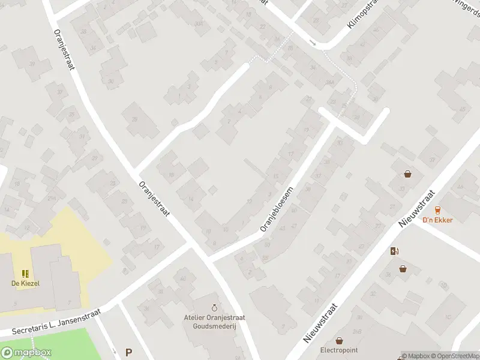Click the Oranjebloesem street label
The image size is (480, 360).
point(276,208)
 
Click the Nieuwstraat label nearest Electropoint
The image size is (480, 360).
point(321,322)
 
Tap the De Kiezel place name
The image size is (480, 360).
point(25,283)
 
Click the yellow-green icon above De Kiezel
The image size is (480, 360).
point(25,273)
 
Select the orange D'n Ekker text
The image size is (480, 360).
point(437,220)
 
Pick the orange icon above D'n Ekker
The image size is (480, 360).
point(437,209)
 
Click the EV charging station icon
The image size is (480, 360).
point(394,251)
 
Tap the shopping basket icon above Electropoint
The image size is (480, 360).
point(339,340)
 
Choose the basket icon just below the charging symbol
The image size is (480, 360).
point(403,268)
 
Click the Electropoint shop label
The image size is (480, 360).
point(339,350)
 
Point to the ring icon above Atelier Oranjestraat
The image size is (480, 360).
point(215,307)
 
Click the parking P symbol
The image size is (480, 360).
point(128,353)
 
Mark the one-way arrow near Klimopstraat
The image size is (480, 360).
point(313,42)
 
